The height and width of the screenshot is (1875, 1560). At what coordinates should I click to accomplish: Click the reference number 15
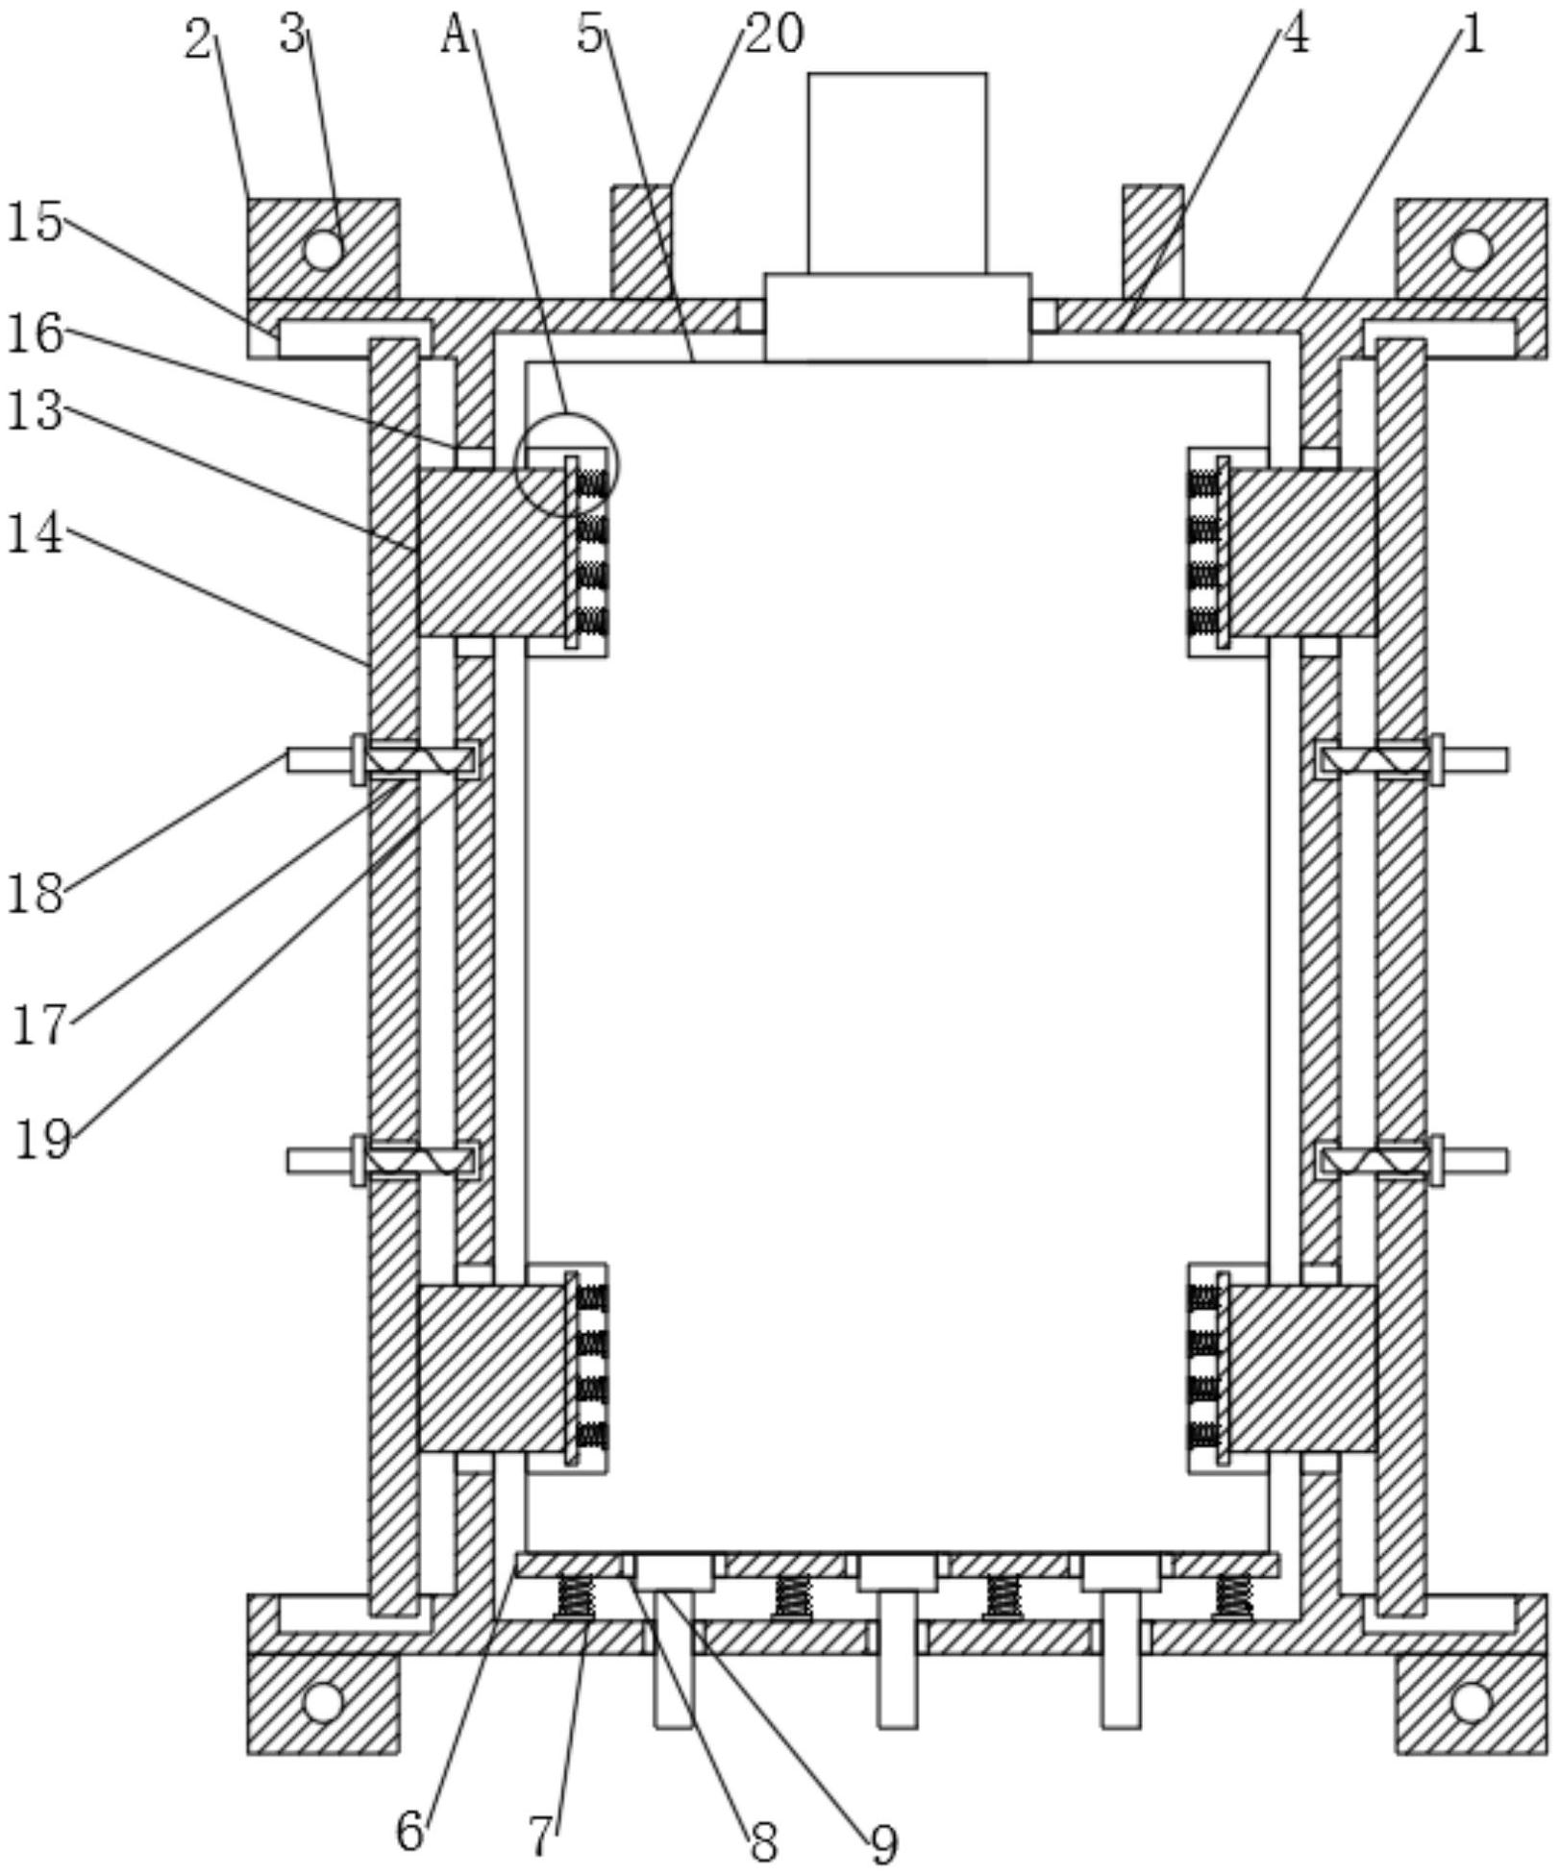click(35, 223)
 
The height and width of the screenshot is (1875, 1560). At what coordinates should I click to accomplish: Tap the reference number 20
click(775, 35)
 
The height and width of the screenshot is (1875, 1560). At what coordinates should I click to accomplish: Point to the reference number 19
click(42, 1140)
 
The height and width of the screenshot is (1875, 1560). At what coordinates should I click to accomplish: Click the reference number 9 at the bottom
click(883, 1841)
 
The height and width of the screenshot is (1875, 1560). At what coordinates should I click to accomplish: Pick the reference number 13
click(35, 411)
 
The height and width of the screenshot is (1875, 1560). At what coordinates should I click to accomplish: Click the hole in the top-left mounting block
click(323, 250)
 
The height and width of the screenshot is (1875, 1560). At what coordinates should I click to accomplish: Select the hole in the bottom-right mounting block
click(1471, 1730)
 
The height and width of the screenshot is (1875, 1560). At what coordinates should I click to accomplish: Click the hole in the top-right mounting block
click(1471, 250)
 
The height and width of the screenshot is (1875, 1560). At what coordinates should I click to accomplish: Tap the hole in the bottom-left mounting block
click(323, 1730)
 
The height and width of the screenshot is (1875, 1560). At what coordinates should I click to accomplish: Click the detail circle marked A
click(567, 465)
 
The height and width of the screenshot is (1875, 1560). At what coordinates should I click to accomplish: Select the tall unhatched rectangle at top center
click(897, 173)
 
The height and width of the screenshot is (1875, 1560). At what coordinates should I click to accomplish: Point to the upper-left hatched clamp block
click(490, 552)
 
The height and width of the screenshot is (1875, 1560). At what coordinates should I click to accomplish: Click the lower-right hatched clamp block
click(1301, 1369)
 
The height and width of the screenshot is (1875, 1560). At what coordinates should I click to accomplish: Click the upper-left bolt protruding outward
click(317, 760)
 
